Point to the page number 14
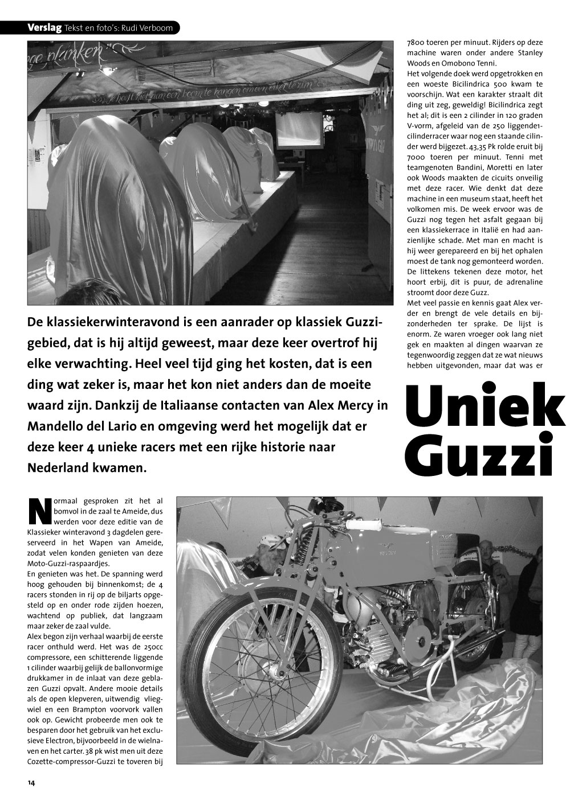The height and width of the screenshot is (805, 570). click(x=31, y=783)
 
